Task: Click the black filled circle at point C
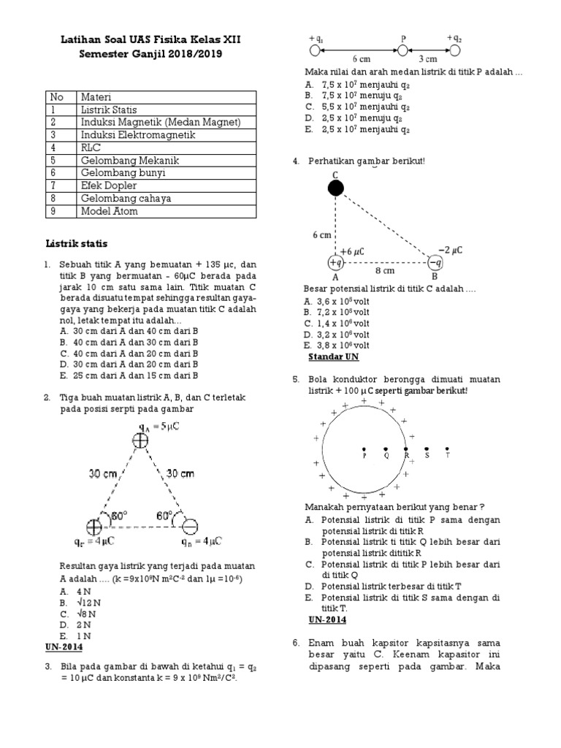click(x=335, y=188)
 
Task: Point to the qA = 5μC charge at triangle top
click(x=140, y=439)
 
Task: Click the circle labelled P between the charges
click(x=402, y=50)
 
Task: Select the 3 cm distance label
click(x=427, y=59)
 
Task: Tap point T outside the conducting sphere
click(x=447, y=449)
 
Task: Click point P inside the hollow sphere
click(x=364, y=449)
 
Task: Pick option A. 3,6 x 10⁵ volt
click(x=336, y=301)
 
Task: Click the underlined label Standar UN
click(x=334, y=356)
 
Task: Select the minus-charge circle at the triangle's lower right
click(x=190, y=527)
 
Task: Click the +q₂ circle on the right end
click(x=455, y=50)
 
